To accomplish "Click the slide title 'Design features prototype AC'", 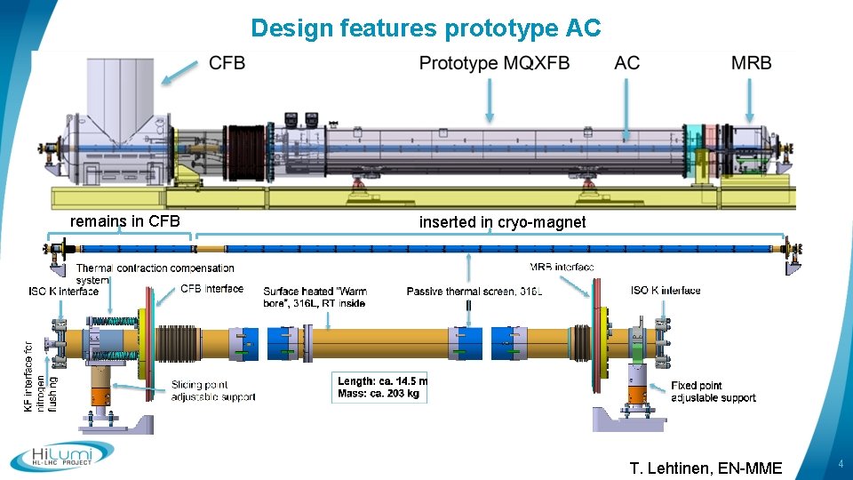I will (426, 28).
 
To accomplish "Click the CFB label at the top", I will (227, 63).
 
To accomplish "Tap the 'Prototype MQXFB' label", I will (494, 63).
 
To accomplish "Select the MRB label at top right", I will (751, 63).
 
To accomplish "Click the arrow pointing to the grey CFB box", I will (180, 71).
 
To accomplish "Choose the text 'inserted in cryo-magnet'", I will (502, 222).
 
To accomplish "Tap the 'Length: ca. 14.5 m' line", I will (382, 381).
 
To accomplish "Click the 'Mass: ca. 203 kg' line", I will (378, 393).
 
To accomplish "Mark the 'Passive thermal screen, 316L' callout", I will (474, 291).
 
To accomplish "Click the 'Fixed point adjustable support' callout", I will (713, 391).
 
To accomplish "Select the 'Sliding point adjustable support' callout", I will (213, 391).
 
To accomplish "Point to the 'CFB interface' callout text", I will (211, 288).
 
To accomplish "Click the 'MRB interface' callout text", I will (562, 268).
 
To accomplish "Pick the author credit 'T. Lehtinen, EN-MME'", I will (706, 468).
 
